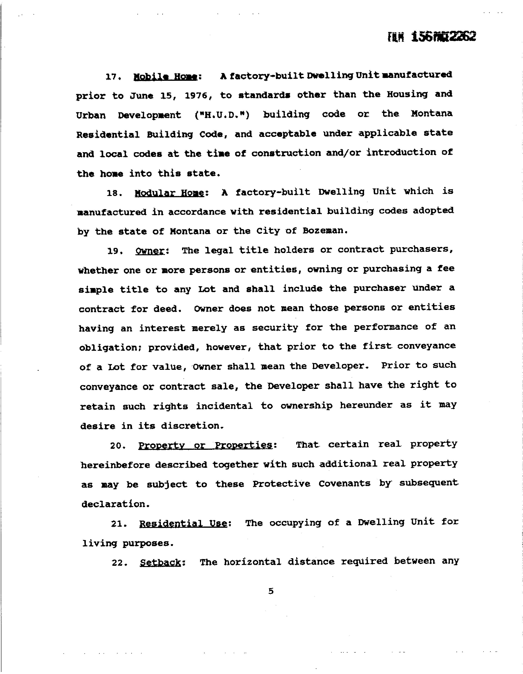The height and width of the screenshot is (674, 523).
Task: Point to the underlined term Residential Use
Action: point(183,524)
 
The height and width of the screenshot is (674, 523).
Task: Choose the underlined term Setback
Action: point(160,563)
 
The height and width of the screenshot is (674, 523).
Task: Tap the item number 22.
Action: point(120,563)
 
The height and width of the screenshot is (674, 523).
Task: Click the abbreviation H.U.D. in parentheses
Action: point(222,115)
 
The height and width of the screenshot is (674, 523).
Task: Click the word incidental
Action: point(224,406)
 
